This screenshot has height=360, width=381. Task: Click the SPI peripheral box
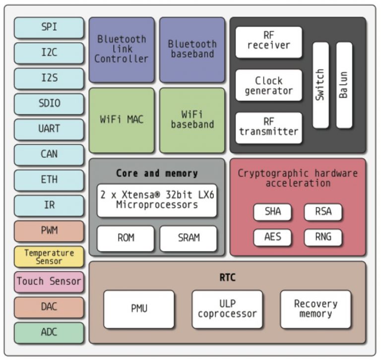click(49, 28)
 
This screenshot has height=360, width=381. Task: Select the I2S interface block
click(49, 78)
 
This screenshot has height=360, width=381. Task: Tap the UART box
click(49, 129)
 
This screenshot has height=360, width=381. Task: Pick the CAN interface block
click(49, 154)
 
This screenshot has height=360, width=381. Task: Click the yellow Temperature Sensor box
click(49, 256)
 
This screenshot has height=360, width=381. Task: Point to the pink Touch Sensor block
click(49, 281)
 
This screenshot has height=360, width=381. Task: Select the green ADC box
click(49, 332)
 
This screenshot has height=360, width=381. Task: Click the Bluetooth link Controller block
click(122, 49)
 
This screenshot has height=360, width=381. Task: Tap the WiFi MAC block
click(122, 120)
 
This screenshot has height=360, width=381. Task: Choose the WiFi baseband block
click(192, 120)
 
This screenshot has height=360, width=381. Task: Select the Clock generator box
click(268, 85)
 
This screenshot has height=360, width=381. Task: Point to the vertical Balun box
click(344, 85)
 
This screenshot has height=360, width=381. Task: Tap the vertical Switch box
click(320, 85)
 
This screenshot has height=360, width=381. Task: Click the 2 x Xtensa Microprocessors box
click(157, 200)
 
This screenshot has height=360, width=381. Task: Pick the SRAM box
click(189, 238)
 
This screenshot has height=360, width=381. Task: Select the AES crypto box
click(272, 237)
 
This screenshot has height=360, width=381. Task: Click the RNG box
click(323, 237)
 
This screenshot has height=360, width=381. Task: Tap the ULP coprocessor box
click(227, 309)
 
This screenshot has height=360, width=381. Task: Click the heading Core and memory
click(157, 173)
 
